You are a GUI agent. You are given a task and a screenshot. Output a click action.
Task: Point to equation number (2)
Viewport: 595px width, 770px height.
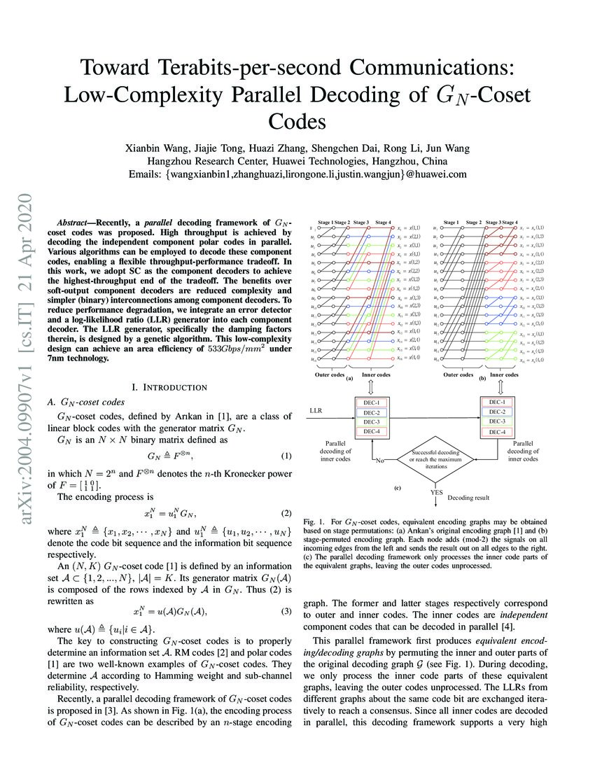[286, 514]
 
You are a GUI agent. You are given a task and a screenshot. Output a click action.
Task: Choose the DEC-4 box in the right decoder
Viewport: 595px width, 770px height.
[495, 433]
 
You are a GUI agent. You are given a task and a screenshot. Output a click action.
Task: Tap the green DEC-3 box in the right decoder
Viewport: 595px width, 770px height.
[495, 422]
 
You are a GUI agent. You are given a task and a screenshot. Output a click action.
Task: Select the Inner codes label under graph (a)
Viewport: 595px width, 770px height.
[376, 374]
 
